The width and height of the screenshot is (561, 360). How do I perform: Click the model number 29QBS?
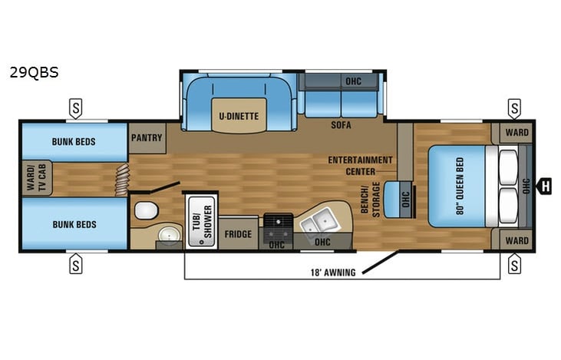pos(34,74)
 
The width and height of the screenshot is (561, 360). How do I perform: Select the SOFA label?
pos(342,124)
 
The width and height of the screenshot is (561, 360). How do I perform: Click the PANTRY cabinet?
pos(147,138)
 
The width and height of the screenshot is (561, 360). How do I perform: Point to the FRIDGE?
pos(238,234)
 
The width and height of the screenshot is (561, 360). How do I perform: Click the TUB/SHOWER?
pos(201,220)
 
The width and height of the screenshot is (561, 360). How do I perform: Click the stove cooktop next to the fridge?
pos(277,222)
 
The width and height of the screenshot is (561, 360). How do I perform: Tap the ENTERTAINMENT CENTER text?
pos(360,165)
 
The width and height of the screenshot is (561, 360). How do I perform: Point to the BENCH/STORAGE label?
pos(371,200)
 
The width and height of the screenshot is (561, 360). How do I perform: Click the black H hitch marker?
pos(546,184)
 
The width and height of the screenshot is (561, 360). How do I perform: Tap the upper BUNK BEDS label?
pos(74,142)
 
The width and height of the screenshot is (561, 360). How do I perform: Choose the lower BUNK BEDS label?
pos(74,224)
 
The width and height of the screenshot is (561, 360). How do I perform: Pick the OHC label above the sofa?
pos(353,81)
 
